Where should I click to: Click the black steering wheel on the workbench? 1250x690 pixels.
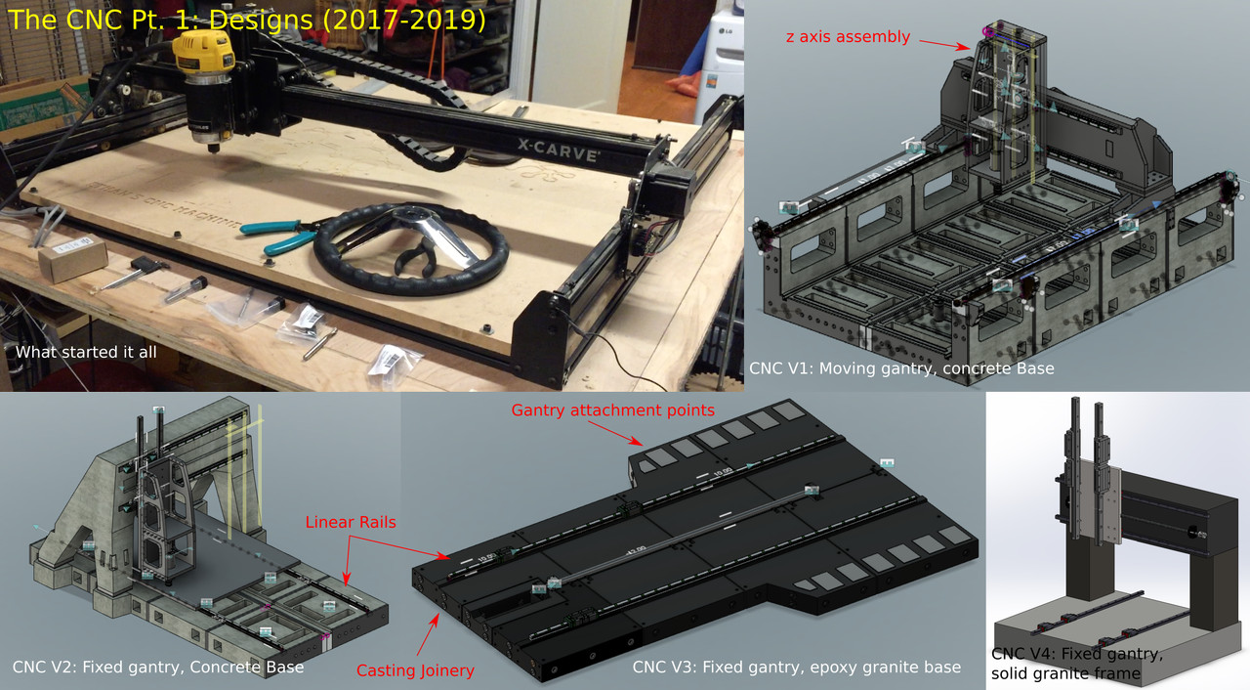[410, 248]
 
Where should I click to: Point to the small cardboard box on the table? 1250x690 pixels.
[72, 257]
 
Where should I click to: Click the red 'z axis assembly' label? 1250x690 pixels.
[848, 37]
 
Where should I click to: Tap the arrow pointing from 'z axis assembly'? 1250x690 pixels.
[944, 45]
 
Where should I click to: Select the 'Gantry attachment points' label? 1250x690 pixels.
[612, 410]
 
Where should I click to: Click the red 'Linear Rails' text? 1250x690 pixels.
[351, 522]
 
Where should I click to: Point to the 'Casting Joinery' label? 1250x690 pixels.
[415, 670]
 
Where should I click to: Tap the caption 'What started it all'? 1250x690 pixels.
[86, 352]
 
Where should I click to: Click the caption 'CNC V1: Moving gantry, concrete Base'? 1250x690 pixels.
[901, 368]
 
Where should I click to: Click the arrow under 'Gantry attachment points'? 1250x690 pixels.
[614, 433]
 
